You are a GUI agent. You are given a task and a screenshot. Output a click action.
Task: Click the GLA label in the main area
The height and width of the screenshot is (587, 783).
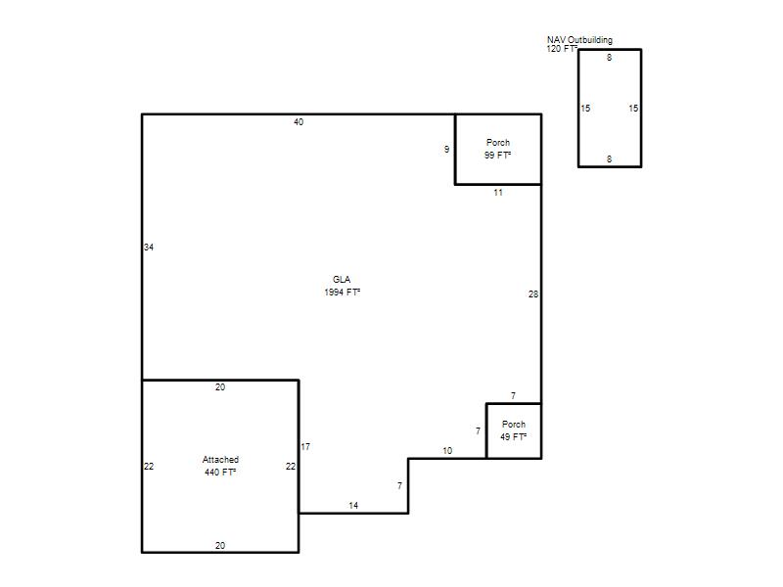pos(342,280)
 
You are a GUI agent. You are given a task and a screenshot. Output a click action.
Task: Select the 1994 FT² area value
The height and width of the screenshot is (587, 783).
pos(342,292)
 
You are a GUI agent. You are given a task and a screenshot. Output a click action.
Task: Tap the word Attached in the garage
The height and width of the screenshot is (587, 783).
pos(220,459)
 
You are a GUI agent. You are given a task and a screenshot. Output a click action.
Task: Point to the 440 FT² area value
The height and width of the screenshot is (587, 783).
pos(220,472)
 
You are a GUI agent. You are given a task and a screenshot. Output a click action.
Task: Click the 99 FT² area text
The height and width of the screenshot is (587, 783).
pos(497,155)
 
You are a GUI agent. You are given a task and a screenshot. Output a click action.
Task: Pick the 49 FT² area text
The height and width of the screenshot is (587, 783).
pos(513,436)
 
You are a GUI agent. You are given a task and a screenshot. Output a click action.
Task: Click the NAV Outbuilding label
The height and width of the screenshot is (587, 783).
pos(579,40)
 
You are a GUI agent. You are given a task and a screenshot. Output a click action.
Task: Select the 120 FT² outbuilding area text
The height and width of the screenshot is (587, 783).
pos(562,48)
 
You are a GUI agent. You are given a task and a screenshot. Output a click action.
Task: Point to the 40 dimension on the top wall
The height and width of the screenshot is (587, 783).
pos(299,121)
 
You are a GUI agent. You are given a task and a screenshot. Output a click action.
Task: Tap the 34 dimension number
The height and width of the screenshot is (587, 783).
pos(149,248)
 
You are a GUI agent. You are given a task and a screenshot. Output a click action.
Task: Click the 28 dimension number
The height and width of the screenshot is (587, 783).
pos(533,294)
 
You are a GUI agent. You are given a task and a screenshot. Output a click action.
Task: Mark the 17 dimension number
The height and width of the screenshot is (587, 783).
pos(305,447)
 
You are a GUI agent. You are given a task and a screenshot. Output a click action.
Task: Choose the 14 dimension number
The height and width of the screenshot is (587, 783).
pos(353,506)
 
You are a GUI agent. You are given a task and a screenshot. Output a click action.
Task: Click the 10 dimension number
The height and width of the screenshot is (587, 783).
pos(447,451)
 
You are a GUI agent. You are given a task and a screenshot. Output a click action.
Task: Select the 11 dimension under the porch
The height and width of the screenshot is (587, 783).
pos(498,193)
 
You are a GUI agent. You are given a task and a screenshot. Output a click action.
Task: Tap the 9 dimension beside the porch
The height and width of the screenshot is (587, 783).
pos(446,150)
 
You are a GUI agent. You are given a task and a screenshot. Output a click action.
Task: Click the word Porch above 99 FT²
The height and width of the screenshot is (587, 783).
pos(498,142)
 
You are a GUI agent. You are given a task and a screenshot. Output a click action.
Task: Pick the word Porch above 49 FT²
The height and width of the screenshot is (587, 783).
pos(513,425)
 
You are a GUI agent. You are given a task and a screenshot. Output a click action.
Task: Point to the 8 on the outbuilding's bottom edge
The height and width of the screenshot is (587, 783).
pos(609,159)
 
